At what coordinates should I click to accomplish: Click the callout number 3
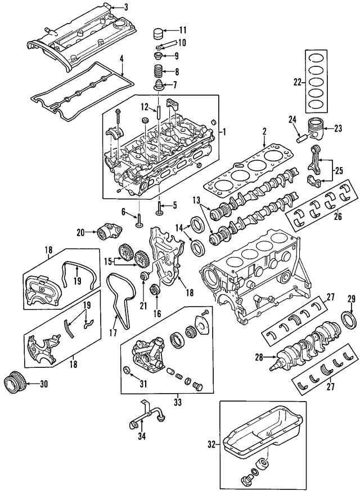(125, 7)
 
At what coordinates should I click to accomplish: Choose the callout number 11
(183, 30)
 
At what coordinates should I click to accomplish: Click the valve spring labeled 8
(158, 72)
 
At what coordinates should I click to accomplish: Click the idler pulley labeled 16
(157, 290)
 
